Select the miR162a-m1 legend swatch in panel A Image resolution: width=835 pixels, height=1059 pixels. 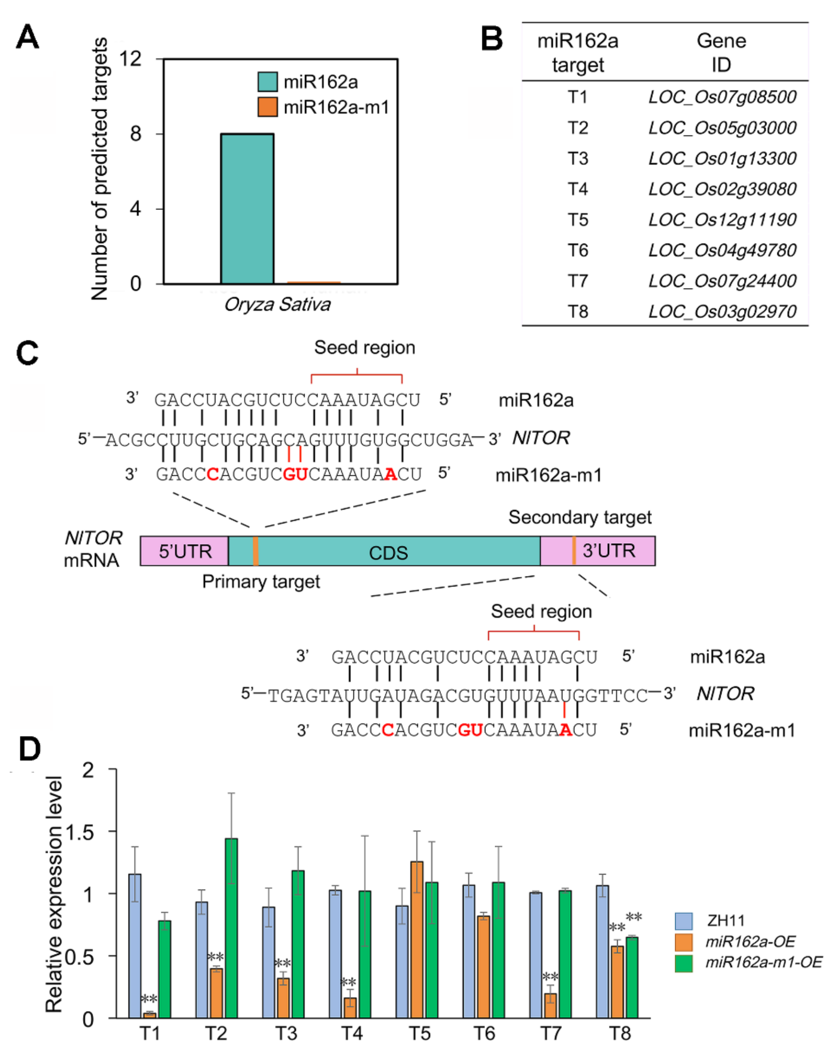(x=267, y=107)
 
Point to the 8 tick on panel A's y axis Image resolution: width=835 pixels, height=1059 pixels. (x=136, y=134)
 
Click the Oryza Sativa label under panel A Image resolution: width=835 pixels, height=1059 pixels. (x=277, y=305)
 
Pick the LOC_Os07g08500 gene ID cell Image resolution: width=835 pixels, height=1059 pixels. (x=722, y=97)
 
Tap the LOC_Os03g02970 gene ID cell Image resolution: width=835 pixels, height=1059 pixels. (x=722, y=312)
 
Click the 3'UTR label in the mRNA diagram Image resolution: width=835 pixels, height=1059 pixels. (x=609, y=551)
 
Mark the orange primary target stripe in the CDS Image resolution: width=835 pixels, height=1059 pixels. (x=256, y=551)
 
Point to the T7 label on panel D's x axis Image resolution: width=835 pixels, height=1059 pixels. (x=551, y=1033)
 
